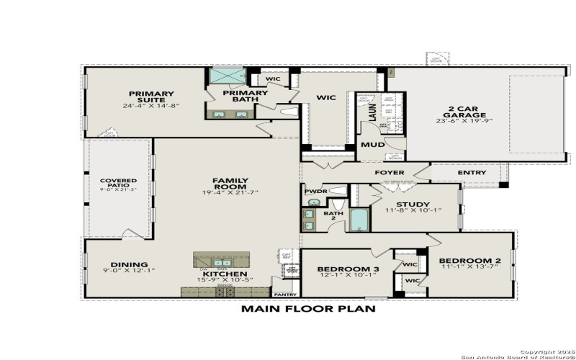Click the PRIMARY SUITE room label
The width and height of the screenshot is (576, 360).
click(x=151, y=94)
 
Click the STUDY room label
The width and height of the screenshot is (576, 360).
click(x=412, y=204)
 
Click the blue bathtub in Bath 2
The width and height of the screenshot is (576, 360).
click(x=359, y=219)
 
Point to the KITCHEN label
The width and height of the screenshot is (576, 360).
click(x=225, y=274)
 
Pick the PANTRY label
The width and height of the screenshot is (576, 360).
click(x=284, y=294)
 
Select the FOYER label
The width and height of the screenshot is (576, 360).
click(x=390, y=173)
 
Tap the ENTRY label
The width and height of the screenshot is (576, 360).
click(x=472, y=173)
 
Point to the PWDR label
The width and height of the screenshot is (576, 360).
click(x=315, y=192)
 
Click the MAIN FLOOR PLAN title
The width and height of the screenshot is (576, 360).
click(x=307, y=308)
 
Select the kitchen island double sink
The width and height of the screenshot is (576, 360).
click(x=222, y=262)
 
